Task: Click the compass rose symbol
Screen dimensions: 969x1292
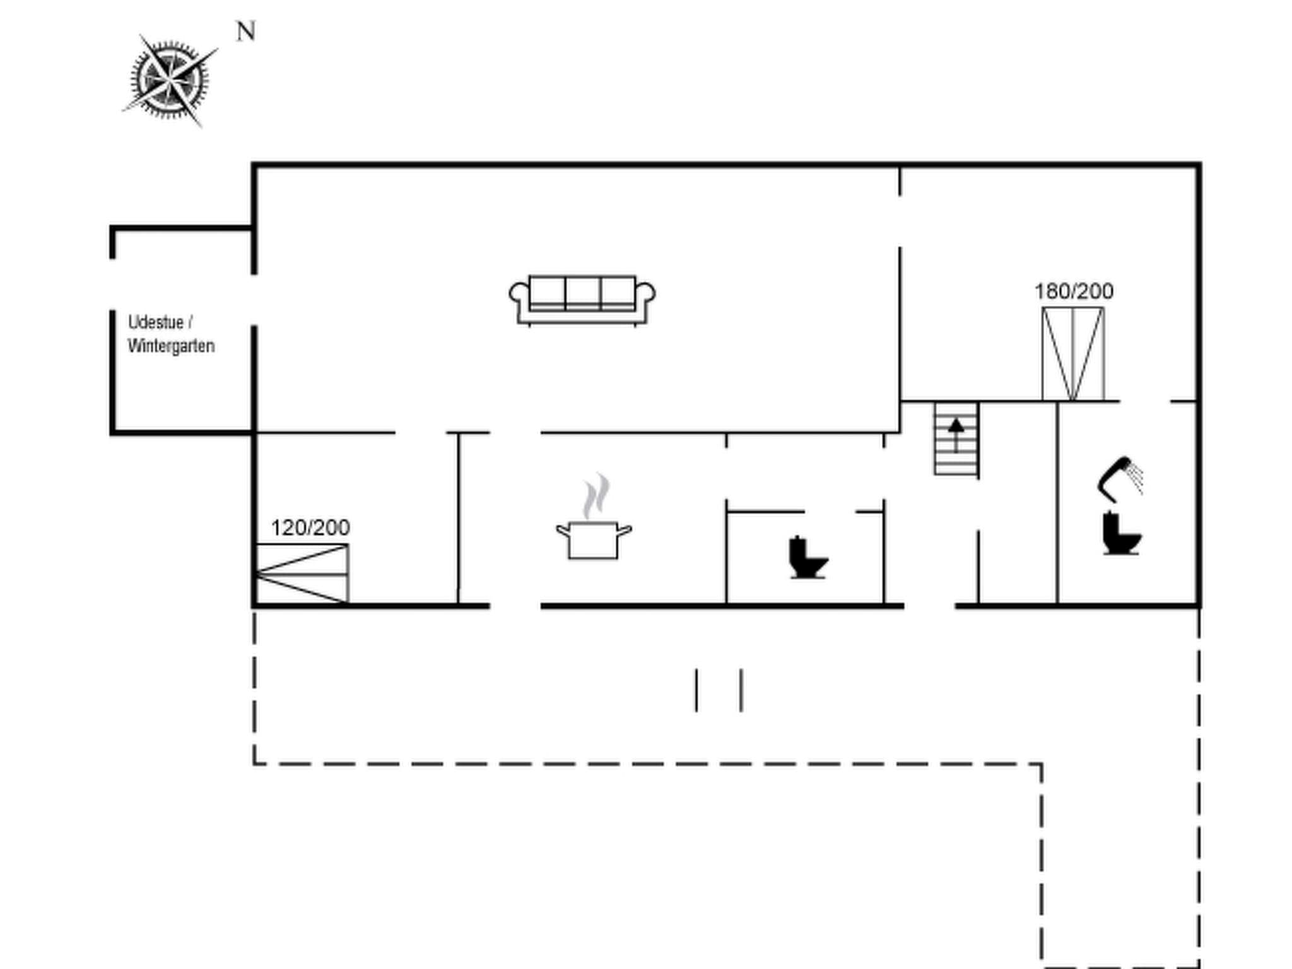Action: click(x=169, y=80)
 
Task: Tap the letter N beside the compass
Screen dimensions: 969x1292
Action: click(x=246, y=31)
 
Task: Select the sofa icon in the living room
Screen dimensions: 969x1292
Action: click(x=582, y=300)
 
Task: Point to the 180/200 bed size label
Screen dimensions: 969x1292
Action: click(x=1074, y=291)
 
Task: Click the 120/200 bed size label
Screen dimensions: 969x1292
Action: click(x=310, y=527)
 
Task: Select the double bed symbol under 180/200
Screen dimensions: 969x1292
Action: click(x=1072, y=353)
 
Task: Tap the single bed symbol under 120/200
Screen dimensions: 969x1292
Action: click(x=302, y=573)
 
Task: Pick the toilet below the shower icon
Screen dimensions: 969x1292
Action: click(x=1121, y=534)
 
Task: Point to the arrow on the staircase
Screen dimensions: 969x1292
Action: click(x=956, y=432)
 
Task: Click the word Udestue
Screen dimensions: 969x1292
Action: click(x=156, y=322)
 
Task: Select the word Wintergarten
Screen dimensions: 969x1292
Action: click(x=171, y=346)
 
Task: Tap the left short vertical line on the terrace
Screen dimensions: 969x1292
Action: click(x=696, y=690)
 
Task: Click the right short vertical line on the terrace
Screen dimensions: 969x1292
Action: click(x=741, y=690)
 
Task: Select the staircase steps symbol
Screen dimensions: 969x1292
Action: click(x=956, y=439)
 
